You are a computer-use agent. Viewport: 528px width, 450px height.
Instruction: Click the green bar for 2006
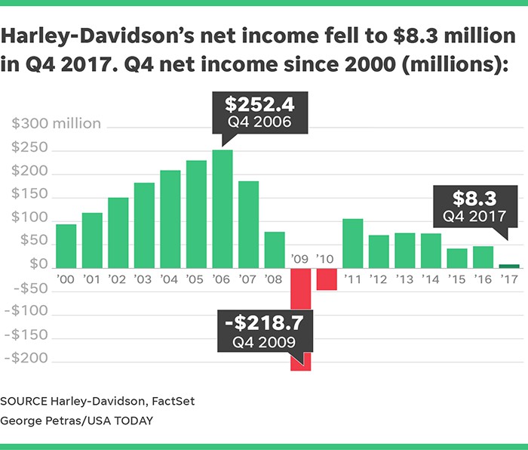[x=222, y=208]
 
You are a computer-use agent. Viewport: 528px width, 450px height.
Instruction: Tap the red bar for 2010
[x=327, y=279]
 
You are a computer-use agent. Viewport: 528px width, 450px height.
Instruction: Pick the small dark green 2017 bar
[x=509, y=266]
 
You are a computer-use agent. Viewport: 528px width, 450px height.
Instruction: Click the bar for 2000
[x=66, y=245]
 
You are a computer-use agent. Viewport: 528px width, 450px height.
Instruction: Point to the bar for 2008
[x=274, y=250]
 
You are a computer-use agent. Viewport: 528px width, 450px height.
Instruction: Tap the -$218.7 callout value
[x=263, y=324]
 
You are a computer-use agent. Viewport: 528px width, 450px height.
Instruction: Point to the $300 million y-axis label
[x=55, y=124]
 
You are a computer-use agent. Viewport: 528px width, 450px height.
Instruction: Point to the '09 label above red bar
[x=300, y=258]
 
